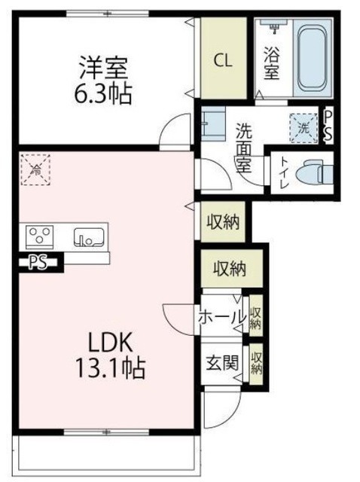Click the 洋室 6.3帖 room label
click(105, 80)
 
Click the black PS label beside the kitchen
click(36, 263)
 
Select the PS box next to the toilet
click(329, 124)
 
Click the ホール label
click(221, 317)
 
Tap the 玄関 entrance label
click(222, 361)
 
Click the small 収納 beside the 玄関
click(258, 363)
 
